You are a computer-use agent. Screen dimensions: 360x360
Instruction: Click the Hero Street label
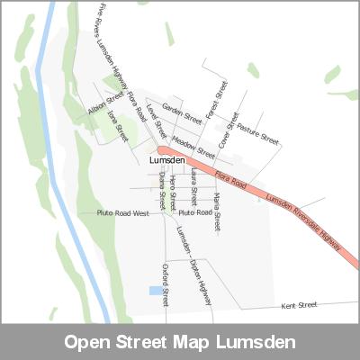[173, 193]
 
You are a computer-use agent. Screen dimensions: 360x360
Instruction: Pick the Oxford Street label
[166, 283]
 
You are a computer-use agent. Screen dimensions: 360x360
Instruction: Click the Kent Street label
[299, 306]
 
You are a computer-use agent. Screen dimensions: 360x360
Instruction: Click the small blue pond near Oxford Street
[155, 291]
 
